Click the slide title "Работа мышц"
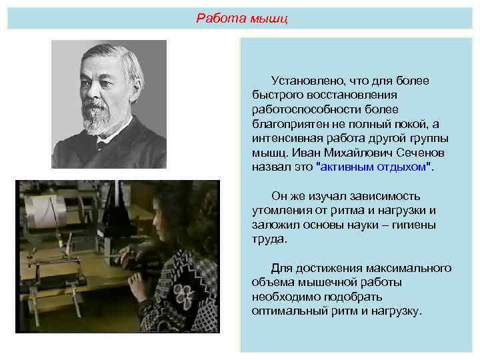pyautogui.click(x=242, y=18)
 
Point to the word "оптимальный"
pyautogui.click(x=286, y=311)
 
